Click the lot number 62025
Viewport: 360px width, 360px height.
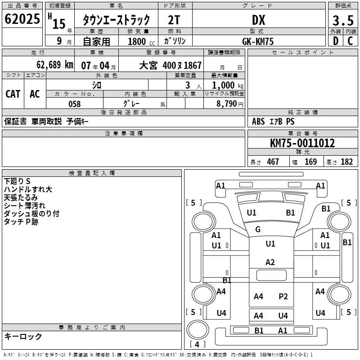point(22,20)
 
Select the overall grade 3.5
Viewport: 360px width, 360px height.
point(342,21)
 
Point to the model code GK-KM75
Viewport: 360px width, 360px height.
point(258,41)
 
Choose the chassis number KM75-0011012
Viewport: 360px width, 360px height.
point(302,143)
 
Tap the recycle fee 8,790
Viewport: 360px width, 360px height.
point(224,103)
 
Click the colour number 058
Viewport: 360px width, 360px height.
point(74,104)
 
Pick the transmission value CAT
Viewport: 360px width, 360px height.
point(13,94)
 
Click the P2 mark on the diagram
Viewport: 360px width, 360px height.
point(283,296)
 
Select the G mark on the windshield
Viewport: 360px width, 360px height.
point(258,229)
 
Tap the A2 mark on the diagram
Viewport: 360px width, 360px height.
point(270,262)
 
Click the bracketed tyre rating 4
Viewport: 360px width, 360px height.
point(197,345)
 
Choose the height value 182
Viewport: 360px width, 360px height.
point(346,162)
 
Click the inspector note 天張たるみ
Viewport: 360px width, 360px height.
point(21,197)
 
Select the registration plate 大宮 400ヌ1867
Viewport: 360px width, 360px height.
point(176,66)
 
